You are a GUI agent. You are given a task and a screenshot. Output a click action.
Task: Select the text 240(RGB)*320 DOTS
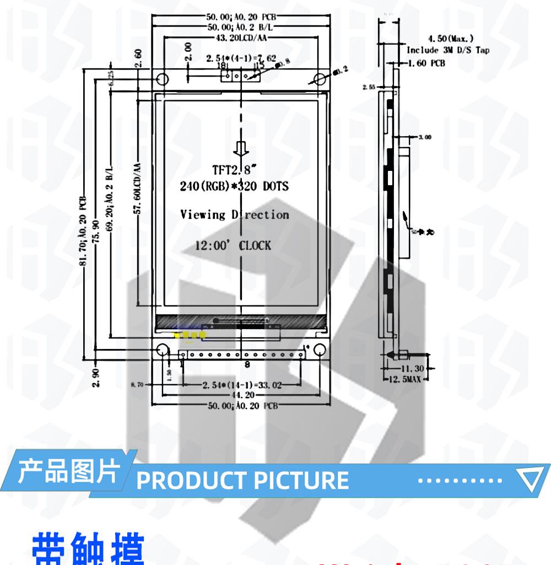(x=234, y=186)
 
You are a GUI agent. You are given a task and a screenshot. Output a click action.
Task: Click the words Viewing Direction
(x=235, y=214)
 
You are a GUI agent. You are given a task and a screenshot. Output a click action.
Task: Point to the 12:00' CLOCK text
(x=233, y=245)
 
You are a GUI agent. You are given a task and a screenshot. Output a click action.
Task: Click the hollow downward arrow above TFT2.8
(x=240, y=148)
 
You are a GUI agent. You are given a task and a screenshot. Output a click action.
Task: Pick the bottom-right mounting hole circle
(x=320, y=351)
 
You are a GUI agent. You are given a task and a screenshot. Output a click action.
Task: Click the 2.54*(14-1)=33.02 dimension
(x=242, y=385)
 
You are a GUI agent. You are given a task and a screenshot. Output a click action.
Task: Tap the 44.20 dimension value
(x=241, y=395)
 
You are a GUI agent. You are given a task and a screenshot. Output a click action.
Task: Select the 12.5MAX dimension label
(x=408, y=379)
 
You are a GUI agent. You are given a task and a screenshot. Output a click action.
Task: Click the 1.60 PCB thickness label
(x=425, y=63)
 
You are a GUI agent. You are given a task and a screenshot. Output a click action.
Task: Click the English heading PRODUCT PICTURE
(x=242, y=480)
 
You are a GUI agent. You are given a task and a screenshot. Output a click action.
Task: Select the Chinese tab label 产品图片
(x=69, y=472)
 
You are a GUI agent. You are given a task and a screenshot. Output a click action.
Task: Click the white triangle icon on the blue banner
(x=533, y=480)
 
